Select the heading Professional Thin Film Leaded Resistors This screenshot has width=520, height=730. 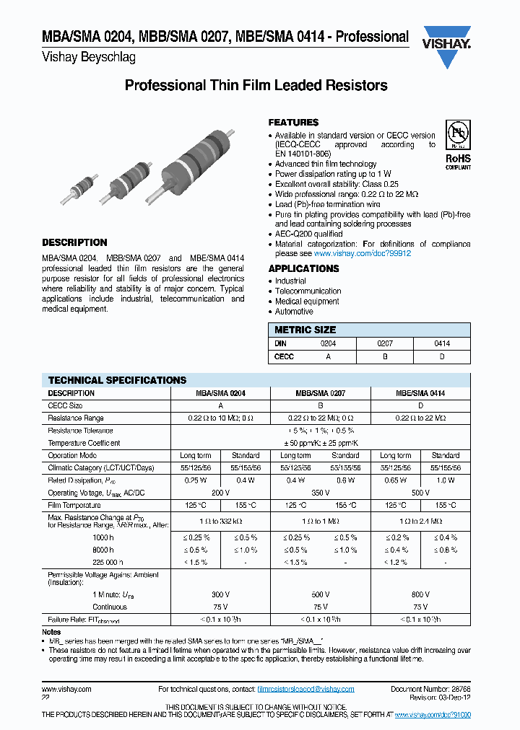pos(256,86)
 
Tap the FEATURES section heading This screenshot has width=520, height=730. pos(293,123)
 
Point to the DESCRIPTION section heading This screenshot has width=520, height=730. pos(74,242)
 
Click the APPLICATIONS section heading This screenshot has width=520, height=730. pos(303,268)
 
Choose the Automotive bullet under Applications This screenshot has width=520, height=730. pos(294,312)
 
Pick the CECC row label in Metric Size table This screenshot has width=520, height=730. pos(284,356)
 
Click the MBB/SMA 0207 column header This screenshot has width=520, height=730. pos(320,393)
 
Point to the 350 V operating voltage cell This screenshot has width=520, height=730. pos(320,493)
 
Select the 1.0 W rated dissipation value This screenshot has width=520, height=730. pos(445,480)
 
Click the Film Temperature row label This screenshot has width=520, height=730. pos(74,506)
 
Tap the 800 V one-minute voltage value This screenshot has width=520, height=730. pos(420,594)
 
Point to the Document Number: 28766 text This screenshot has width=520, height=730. pos(430,690)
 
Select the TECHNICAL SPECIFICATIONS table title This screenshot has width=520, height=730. pos(117,380)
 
